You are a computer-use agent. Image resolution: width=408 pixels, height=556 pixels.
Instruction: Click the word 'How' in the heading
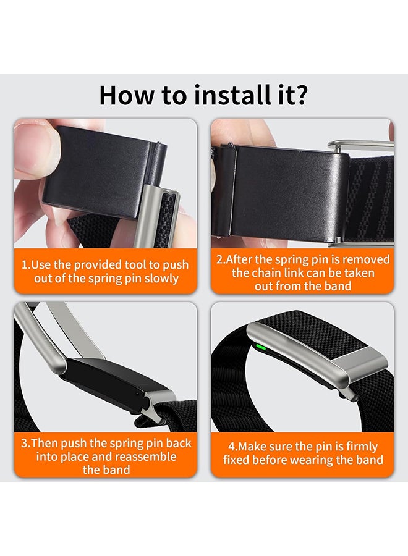[126, 95]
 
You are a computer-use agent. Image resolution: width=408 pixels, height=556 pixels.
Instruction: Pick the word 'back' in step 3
[179, 443]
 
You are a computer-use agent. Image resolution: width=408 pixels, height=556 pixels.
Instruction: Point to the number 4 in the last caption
[232, 447]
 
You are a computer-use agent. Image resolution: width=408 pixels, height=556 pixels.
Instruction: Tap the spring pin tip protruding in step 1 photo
[161, 145]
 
